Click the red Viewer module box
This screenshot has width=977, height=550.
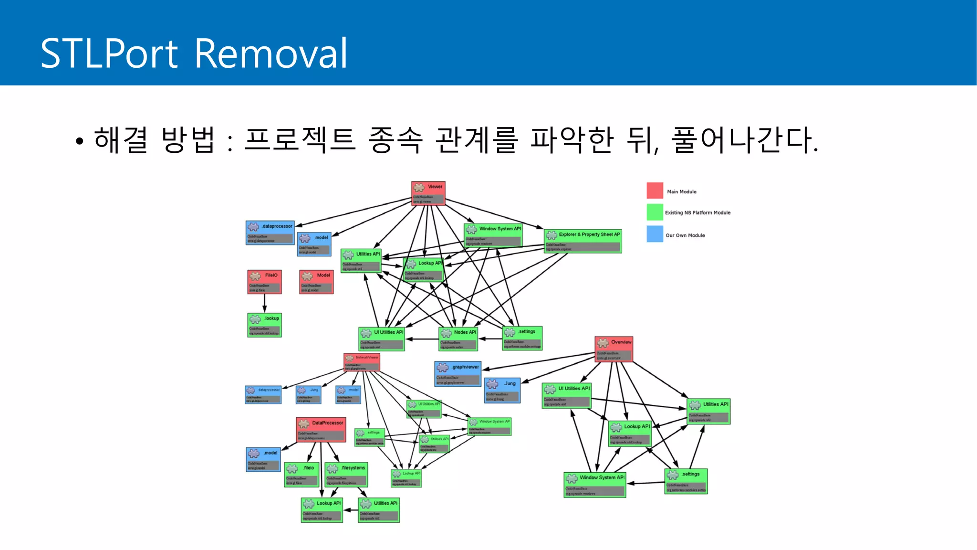(428, 193)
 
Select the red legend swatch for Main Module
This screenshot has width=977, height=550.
(655, 190)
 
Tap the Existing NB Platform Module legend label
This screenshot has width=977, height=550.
(697, 212)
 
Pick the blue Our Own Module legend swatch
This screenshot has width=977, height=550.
(655, 234)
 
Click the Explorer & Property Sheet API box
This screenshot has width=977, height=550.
(582, 241)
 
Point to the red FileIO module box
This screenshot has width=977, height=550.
(264, 282)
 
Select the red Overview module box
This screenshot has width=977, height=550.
(613, 349)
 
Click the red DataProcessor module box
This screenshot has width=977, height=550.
(321, 430)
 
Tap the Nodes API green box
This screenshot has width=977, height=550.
(458, 338)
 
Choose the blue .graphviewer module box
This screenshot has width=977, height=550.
(457, 373)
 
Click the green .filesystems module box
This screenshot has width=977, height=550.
(346, 475)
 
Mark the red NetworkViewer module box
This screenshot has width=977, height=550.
(362, 362)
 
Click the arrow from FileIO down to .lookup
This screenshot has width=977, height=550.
(265, 303)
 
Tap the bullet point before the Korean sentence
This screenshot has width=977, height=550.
(79, 141)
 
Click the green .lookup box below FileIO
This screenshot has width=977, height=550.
(264, 325)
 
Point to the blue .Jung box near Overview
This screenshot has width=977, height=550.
(502, 391)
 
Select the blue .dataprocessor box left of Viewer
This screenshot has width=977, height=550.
(270, 233)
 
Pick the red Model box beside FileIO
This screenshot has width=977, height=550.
(316, 282)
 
